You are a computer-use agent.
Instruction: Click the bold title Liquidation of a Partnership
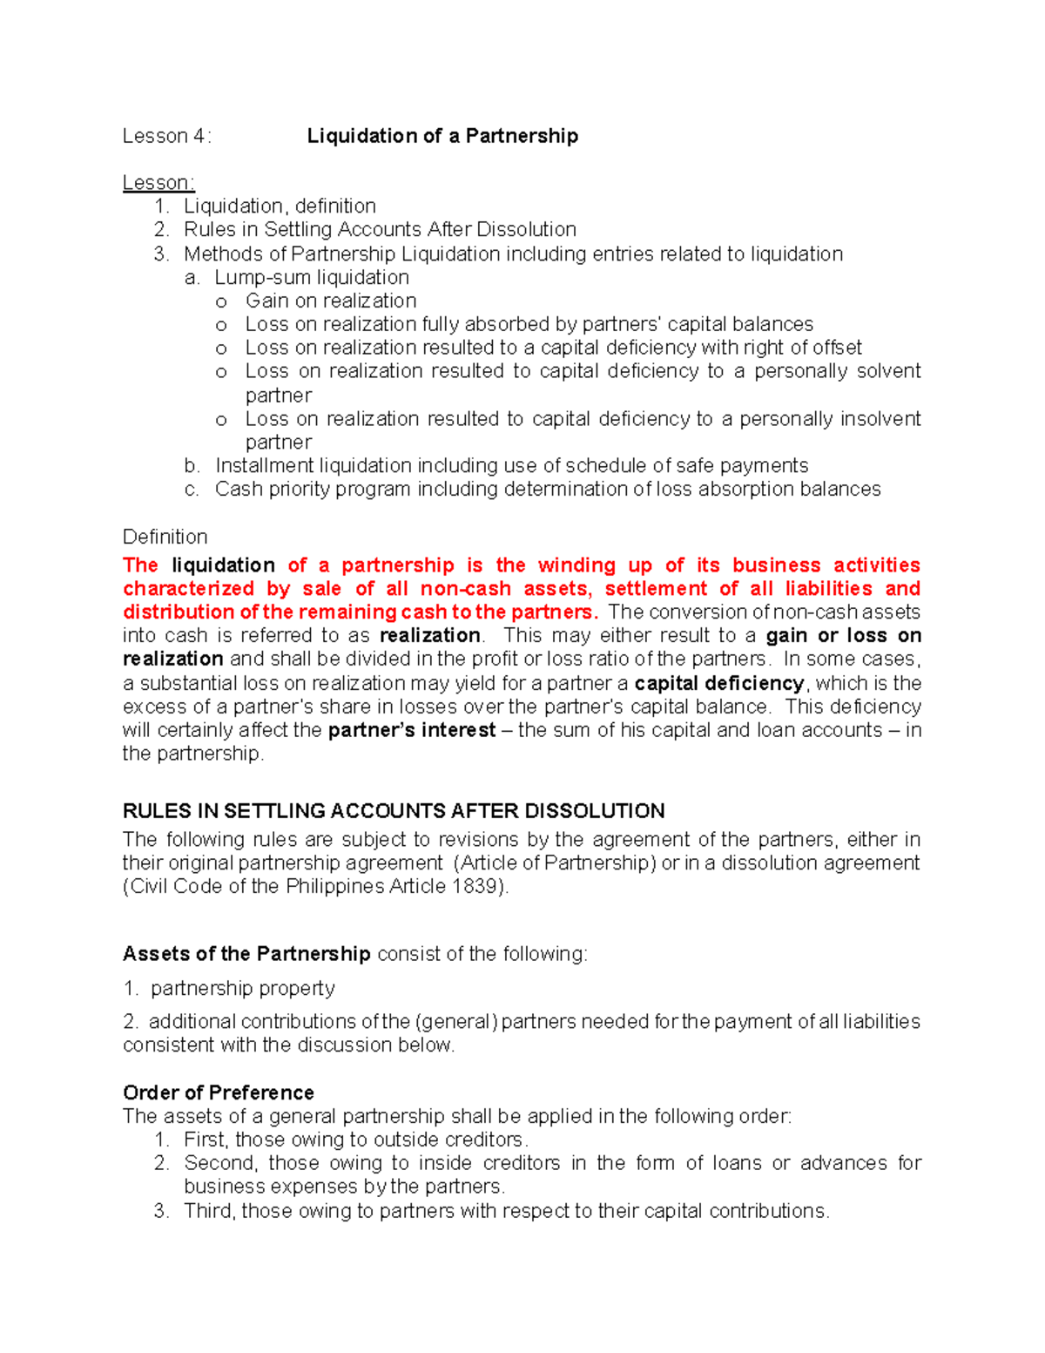coord(442,136)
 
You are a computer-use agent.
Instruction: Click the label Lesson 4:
coord(166,136)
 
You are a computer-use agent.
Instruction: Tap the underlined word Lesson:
coord(158,183)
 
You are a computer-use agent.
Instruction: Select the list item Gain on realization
coord(331,301)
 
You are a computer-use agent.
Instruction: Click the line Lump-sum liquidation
coord(312,277)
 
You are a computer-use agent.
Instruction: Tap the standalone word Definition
coord(165,537)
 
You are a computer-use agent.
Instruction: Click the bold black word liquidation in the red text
coord(223,565)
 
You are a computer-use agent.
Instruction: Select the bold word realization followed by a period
coord(430,635)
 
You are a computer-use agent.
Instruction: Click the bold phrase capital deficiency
coord(719,683)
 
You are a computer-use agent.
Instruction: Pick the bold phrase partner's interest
coord(412,730)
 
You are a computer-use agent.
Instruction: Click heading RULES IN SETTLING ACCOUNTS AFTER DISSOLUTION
coord(394,811)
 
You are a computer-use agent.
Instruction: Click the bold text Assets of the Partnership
coord(246,954)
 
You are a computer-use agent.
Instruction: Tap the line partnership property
coord(243,988)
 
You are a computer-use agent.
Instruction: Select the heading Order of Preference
coord(219,1093)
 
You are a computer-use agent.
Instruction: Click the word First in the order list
coord(205,1140)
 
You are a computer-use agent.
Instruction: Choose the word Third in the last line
coord(208,1211)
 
